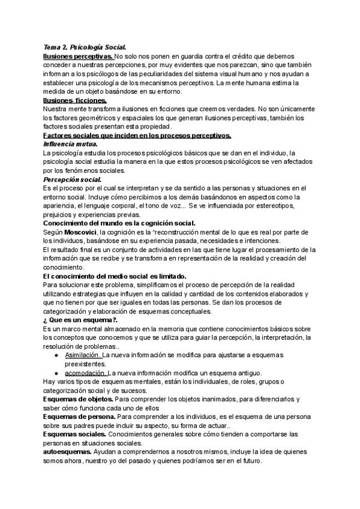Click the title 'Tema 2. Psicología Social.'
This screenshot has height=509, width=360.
click(84, 47)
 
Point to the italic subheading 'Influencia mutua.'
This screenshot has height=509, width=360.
click(70, 145)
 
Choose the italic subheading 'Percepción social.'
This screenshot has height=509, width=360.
click(72, 179)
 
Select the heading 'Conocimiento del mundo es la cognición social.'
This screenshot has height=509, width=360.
click(120, 223)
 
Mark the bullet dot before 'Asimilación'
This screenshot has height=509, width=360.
click(56, 355)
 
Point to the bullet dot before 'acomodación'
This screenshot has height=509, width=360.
click(56, 373)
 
